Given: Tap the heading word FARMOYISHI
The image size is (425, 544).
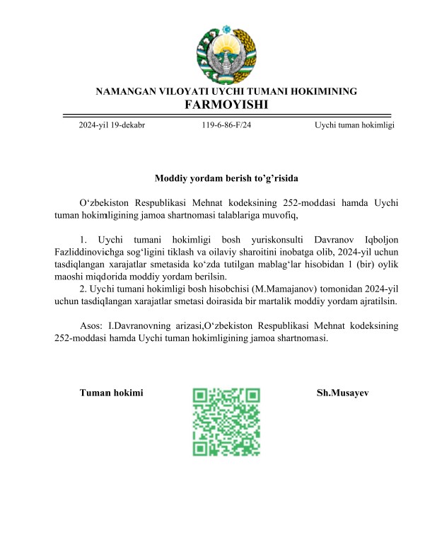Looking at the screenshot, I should [226, 105].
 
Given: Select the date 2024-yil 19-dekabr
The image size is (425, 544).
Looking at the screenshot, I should [112, 125].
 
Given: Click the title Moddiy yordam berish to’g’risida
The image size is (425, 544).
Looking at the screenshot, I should [231, 179].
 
